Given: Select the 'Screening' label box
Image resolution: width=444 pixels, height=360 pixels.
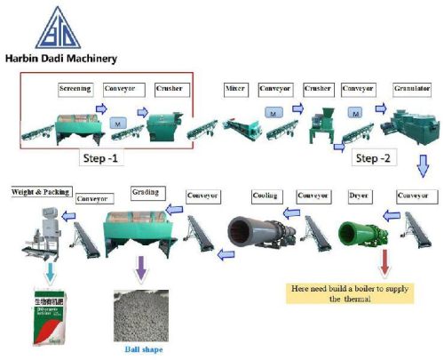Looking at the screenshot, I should tap(75, 89).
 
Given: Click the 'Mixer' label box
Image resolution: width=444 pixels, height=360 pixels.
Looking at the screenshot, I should tap(235, 89).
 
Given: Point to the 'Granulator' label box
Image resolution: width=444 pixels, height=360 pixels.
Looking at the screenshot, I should tap(412, 89).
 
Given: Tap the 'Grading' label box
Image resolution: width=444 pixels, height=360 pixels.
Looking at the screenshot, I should tap(146, 192).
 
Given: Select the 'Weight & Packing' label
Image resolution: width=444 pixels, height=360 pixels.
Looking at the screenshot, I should tap(39, 191).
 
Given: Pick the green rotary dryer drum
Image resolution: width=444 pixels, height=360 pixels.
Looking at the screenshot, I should tap(360, 233).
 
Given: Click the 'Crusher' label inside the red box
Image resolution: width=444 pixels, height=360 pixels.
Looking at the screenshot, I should tap(170, 89).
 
